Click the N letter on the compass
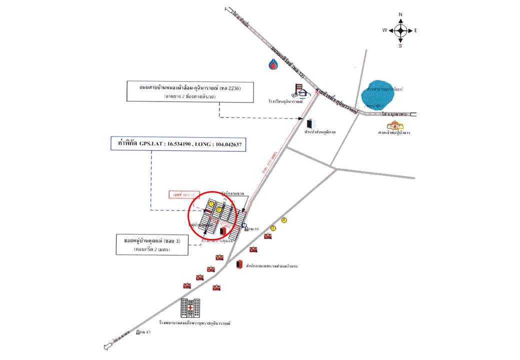400,14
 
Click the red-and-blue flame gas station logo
274,63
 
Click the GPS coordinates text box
179,144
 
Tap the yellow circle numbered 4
284,220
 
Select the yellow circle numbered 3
273,228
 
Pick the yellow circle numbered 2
219,210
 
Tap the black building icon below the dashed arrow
310,123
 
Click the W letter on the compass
384,30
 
